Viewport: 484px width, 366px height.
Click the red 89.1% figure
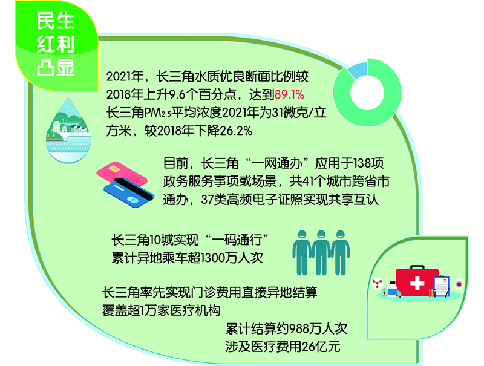(x=289, y=94)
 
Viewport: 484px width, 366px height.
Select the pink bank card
(x=121, y=174)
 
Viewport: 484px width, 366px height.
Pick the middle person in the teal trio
(x=321, y=252)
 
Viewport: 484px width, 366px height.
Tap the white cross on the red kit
(x=417, y=283)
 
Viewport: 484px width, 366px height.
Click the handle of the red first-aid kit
(x=417, y=267)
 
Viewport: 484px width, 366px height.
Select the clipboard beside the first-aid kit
(x=442, y=286)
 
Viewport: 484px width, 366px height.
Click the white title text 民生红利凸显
(x=56, y=44)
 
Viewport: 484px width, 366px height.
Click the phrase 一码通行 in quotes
(x=237, y=240)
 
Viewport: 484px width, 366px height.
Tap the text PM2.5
(x=158, y=113)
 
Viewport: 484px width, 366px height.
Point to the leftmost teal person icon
(x=302, y=252)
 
